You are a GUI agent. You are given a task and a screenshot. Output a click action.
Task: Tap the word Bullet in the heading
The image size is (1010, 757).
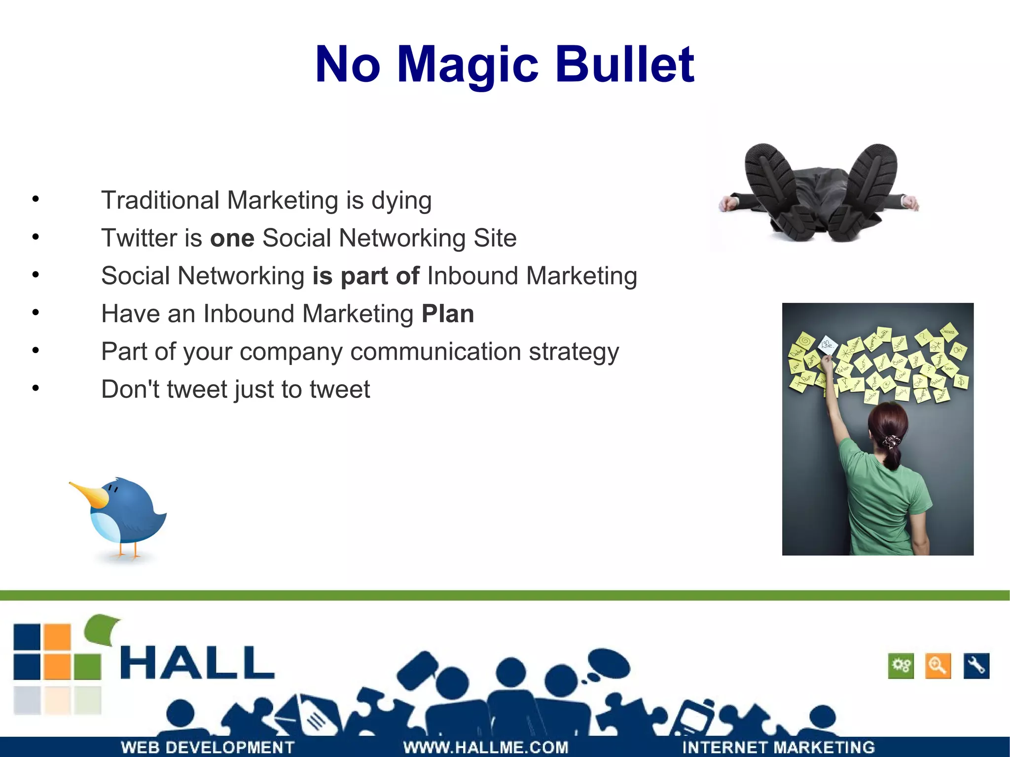point(625,65)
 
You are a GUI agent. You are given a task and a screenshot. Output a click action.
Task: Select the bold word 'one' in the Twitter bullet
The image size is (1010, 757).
point(232,238)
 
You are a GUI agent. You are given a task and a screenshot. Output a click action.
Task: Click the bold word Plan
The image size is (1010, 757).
point(448,314)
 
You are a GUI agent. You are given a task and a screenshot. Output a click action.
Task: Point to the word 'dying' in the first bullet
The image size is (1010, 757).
point(401,201)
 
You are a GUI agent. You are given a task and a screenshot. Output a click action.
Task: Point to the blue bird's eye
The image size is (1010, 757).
point(113,489)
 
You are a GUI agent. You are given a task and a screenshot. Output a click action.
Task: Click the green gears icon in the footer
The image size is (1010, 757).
point(901,666)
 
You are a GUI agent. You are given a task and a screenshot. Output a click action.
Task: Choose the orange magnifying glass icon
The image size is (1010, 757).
point(938,666)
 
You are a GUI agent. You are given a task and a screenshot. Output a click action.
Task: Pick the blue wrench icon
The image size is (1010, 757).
point(976,666)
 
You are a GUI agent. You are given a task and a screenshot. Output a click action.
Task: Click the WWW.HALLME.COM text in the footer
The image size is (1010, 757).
point(486,747)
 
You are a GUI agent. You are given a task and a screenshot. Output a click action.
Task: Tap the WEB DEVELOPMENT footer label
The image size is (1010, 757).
point(208,747)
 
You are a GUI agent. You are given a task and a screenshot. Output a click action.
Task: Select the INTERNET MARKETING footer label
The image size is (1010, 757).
point(778,747)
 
